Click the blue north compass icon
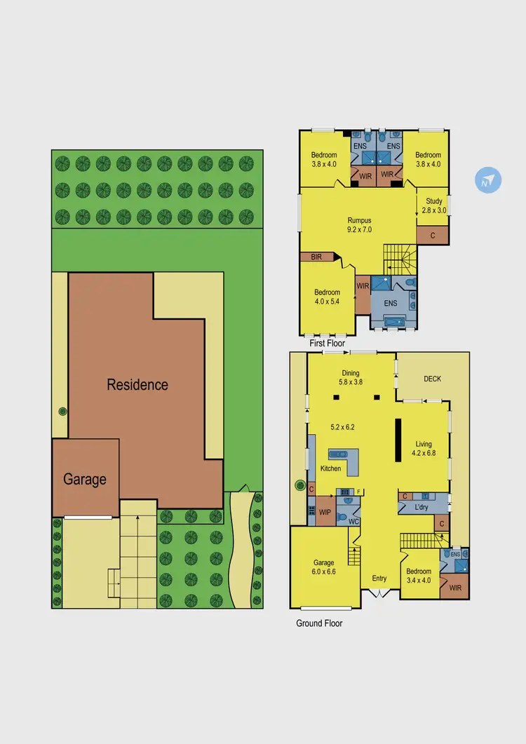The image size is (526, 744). pyautogui.click(x=488, y=181)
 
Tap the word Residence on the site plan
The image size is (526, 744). pyautogui.click(x=137, y=384)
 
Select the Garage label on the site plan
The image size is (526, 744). pyautogui.click(x=85, y=480)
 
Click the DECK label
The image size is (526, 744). pyautogui.click(x=432, y=379)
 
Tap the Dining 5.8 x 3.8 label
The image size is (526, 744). pyautogui.click(x=351, y=378)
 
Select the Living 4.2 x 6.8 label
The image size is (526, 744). pyautogui.click(x=424, y=448)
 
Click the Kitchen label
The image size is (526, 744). pyautogui.click(x=331, y=468)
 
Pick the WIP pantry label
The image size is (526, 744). pyautogui.click(x=325, y=513)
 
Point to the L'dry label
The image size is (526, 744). pyautogui.click(x=422, y=506)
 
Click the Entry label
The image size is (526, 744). pyautogui.click(x=379, y=579)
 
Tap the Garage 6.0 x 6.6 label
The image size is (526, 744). pyautogui.click(x=324, y=567)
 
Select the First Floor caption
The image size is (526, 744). pyautogui.click(x=327, y=344)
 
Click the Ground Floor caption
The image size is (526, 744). pyautogui.click(x=319, y=623)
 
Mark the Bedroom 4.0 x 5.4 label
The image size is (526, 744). pyautogui.click(x=327, y=297)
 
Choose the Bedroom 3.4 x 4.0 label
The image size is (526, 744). pyautogui.click(x=419, y=576)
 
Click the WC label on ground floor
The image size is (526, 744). pyautogui.click(x=354, y=521)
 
